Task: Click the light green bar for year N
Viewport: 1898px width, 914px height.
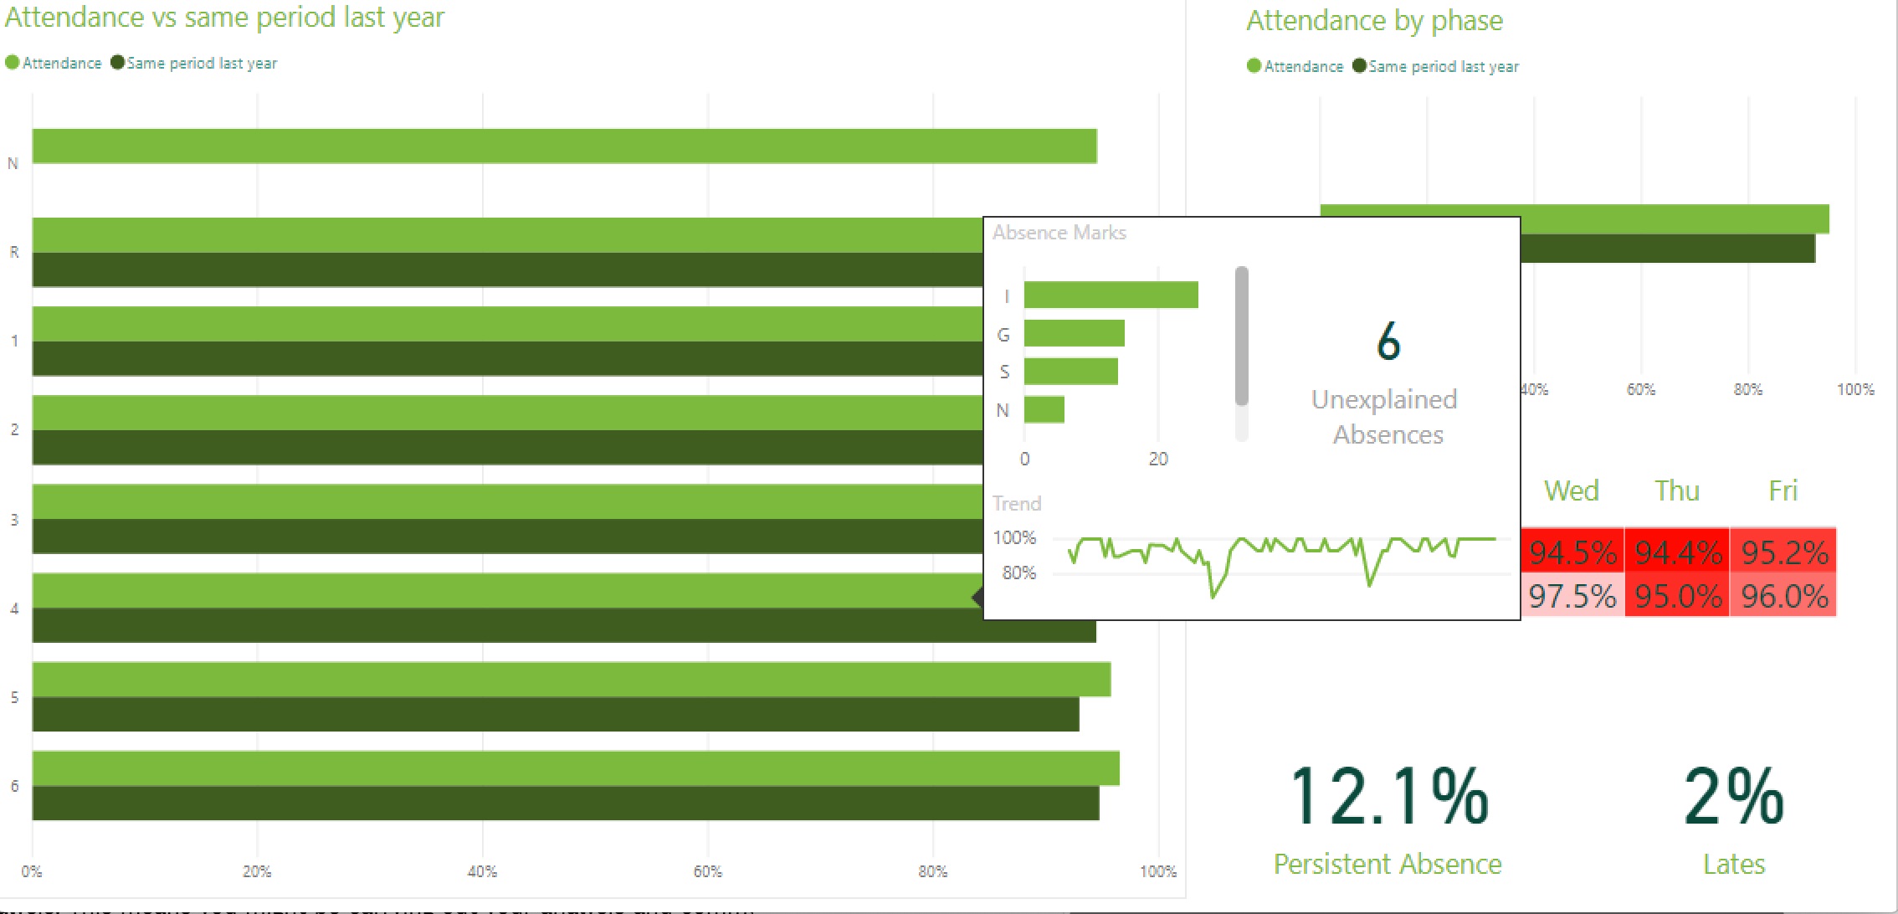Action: [x=564, y=146]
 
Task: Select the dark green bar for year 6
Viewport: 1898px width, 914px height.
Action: [x=565, y=804]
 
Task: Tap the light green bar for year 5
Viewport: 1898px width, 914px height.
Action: [x=571, y=680]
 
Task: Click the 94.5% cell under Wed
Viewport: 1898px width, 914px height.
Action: [x=1572, y=552]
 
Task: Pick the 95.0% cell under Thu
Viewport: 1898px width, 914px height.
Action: [x=1677, y=597]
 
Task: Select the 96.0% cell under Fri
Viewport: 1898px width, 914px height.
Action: [x=1783, y=597]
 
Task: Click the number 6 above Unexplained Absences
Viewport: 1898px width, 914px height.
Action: [x=1388, y=341]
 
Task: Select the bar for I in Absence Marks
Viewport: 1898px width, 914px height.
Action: [x=1111, y=295]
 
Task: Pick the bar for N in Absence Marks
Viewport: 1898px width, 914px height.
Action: [x=1044, y=409]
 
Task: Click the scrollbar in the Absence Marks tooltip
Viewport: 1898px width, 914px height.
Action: [x=1241, y=335]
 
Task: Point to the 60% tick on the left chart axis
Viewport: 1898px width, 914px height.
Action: [x=707, y=871]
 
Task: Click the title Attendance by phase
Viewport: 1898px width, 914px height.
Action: [x=1374, y=20]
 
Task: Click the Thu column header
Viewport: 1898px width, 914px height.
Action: [x=1677, y=490]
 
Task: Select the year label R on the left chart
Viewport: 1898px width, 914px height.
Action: [x=13, y=252]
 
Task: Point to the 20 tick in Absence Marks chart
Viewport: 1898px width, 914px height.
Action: [x=1157, y=459]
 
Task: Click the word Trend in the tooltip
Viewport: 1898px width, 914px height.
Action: [x=1016, y=504]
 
